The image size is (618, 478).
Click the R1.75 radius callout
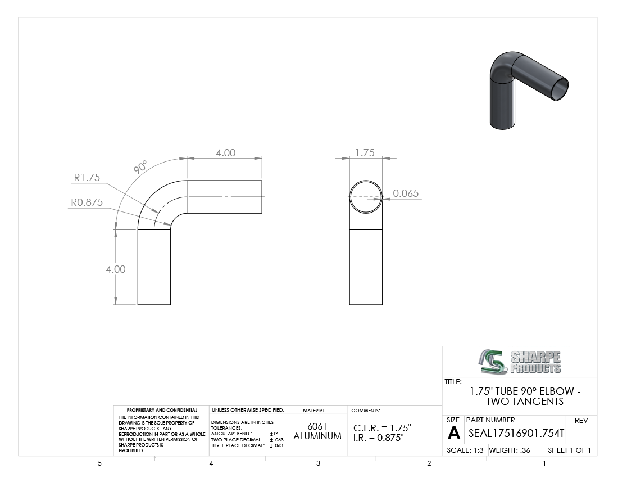pyautogui.click(x=87, y=178)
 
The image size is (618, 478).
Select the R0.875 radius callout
pyautogui.click(x=87, y=202)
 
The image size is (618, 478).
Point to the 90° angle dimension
pyautogui.click(x=140, y=167)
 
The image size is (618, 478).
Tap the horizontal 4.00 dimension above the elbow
pyautogui.click(x=225, y=152)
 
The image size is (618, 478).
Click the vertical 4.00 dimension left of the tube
pyautogui.click(x=116, y=269)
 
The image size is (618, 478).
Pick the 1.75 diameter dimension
pyautogui.click(x=365, y=152)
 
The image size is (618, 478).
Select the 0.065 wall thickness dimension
pyautogui.click(x=406, y=193)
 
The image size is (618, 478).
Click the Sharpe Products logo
pyautogui.click(x=520, y=362)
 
